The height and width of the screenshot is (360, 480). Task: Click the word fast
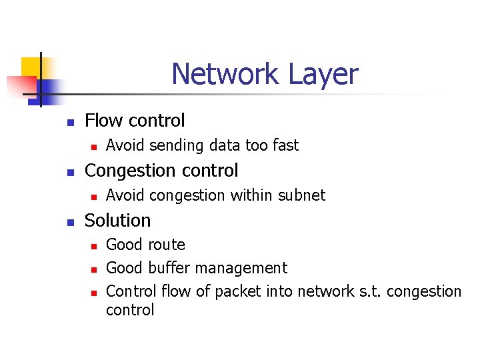pyautogui.click(x=285, y=145)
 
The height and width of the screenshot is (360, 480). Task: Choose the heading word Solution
pyautogui.click(x=118, y=221)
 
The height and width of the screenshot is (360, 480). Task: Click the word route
pyautogui.click(x=165, y=245)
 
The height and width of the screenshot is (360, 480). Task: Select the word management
pyautogui.click(x=247, y=269)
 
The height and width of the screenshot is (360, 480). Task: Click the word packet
pyautogui.click(x=240, y=292)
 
